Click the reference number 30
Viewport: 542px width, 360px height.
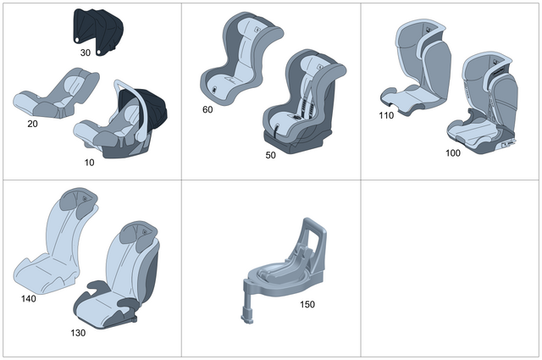86,53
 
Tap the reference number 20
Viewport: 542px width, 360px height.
33,123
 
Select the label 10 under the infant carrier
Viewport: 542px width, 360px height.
90,161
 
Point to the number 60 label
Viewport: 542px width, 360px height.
207,109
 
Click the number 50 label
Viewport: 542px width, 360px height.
270,155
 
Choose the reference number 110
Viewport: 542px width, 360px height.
387,115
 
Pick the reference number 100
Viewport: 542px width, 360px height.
452,153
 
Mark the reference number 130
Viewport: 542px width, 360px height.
78,332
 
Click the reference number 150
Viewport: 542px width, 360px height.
307,302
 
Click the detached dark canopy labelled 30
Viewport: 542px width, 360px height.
97,28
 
